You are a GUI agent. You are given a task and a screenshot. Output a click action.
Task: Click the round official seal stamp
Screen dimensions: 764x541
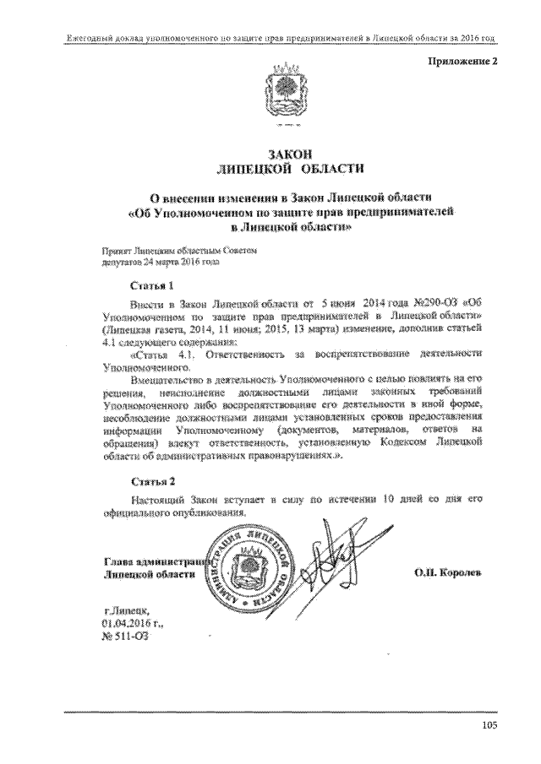(x=254, y=568)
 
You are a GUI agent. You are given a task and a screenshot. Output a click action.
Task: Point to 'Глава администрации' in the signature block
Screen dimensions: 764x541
(x=152, y=561)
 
